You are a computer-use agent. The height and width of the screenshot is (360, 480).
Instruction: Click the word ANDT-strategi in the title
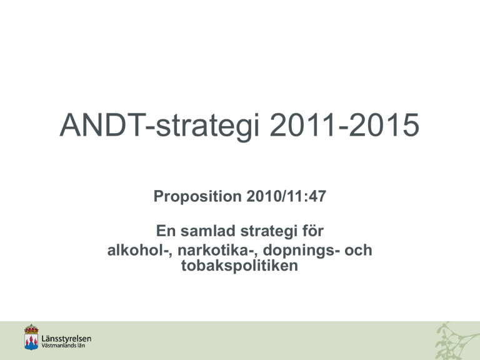click(x=159, y=126)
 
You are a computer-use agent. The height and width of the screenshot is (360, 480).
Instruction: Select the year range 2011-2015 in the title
click(x=344, y=125)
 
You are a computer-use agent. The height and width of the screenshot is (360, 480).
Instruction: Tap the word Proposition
click(x=197, y=196)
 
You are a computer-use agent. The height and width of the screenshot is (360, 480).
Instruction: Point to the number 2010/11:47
click(x=286, y=196)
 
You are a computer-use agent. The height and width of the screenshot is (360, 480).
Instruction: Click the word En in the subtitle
click(x=165, y=231)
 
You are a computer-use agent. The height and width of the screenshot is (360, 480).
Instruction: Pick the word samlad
click(x=208, y=231)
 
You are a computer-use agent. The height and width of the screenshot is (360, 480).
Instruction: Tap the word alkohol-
click(x=139, y=250)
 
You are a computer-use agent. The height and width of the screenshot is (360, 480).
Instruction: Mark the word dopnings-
click(x=301, y=251)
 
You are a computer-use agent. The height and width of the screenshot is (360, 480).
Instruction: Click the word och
click(x=358, y=250)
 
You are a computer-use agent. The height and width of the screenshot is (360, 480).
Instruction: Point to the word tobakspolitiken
click(x=239, y=266)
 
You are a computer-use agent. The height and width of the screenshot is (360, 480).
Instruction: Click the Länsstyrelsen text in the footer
click(x=66, y=339)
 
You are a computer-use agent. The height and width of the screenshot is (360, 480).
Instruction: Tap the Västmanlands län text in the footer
click(x=63, y=346)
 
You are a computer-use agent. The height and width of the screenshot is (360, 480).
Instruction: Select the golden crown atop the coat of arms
click(x=31, y=329)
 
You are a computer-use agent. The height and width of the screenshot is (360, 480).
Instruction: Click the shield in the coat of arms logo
click(x=31, y=342)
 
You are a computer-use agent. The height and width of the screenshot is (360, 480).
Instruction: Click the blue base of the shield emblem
click(x=31, y=346)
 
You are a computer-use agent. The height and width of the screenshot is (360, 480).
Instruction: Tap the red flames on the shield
click(x=31, y=340)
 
